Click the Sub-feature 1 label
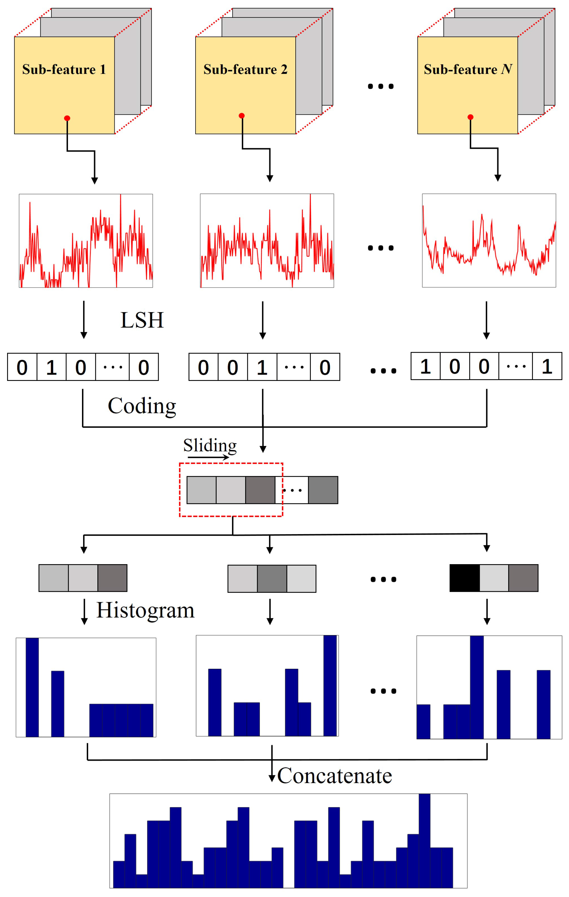64,70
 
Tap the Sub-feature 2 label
245,70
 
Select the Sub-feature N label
468,70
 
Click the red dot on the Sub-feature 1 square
67,118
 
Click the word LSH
142,320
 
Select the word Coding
142,406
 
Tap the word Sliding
210,445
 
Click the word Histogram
145,611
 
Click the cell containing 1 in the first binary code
51,368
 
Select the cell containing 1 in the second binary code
262,368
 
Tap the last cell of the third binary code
547,367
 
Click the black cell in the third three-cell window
464,578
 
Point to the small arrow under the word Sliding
208,457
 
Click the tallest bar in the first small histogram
32,687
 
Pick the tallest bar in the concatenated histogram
424,840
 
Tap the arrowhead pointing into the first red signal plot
94,181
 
